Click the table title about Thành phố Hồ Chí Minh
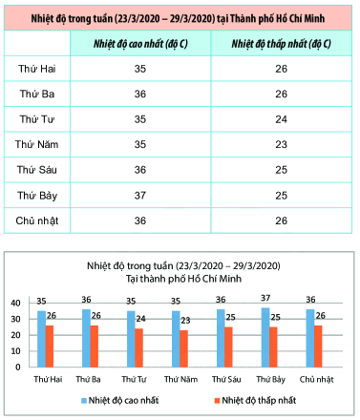(x=180, y=17)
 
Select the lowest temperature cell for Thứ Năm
(x=280, y=145)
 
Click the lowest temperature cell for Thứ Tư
(x=280, y=120)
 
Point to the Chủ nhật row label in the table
(x=39, y=220)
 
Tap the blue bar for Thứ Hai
(x=42, y=339)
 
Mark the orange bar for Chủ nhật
(x=320, y=346)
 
